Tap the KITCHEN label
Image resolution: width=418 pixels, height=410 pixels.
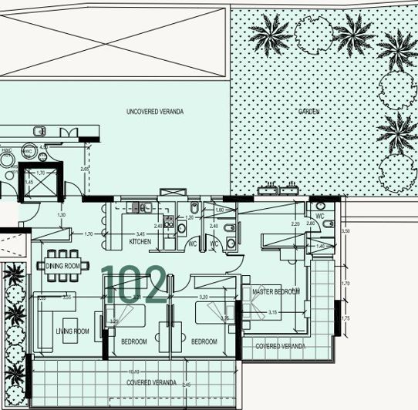pyautogui.click(x=140, y=242)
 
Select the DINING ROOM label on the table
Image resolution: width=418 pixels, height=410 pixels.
pyautogui.click(x=62, y=266)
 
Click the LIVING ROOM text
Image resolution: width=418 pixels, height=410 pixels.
pyautogui.click(x=72, y=331)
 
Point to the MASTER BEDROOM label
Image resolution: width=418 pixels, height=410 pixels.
pyautogui.click(x=276, y=291)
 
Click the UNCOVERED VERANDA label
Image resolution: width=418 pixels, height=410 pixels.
pyautogui.click(x=155, y=112)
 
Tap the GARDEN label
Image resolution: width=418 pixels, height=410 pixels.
pyautogui.click(x=309, y=112)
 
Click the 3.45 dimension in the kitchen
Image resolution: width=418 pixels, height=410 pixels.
pyautogui.click(x=140, y=233)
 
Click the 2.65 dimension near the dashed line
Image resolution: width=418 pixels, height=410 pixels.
pyautogui.click(x=85, y=169)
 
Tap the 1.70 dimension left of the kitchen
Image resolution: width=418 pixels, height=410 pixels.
pyautogui.click(x=88, y=234)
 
